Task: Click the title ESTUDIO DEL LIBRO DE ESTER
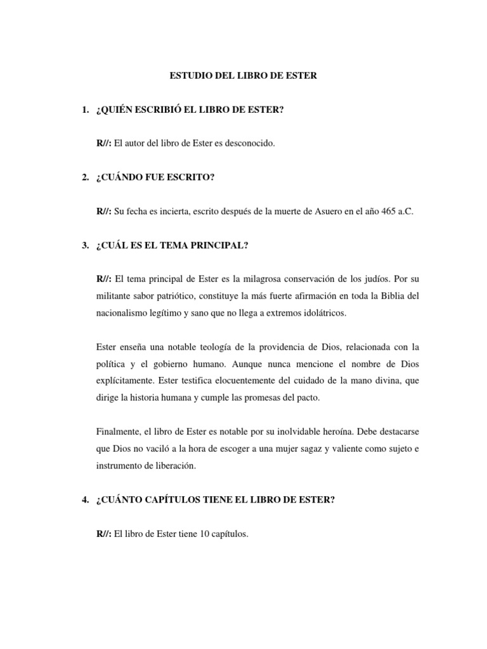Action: pos(243,76)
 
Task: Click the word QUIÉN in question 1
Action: pos(117,111)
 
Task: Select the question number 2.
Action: pos(84,177)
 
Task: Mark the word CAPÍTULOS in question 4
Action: pos(167,501)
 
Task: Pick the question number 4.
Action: pos(84,501)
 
